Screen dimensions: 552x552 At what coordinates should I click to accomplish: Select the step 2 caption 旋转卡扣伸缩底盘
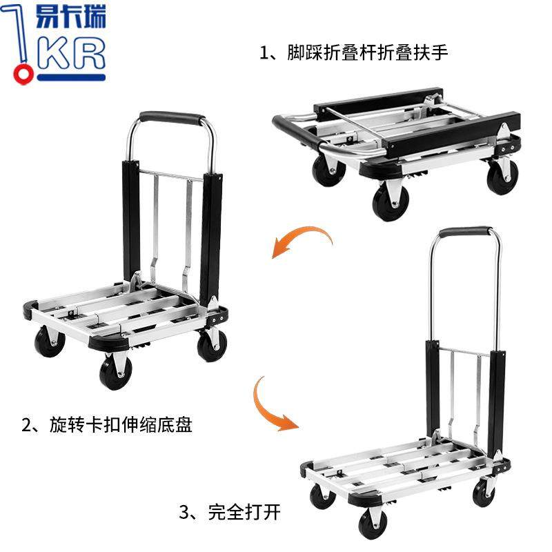pyautogui.click(x=106, y=424)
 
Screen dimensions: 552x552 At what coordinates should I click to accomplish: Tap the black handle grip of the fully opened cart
pyautogui.click(x=466, y=232)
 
